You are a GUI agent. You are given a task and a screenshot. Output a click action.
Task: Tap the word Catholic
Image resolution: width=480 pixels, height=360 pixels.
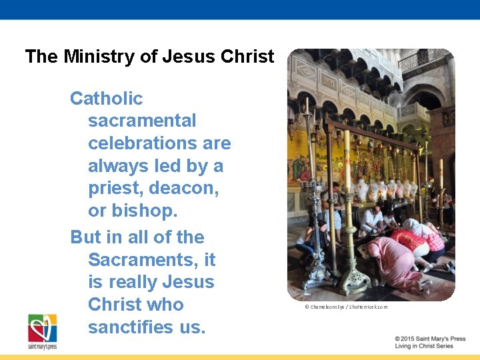tap(107, 99)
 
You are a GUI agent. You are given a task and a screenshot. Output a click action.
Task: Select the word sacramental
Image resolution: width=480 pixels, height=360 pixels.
tap(142, 121)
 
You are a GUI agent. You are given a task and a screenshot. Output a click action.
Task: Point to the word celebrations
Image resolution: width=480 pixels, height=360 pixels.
tap(159, 143)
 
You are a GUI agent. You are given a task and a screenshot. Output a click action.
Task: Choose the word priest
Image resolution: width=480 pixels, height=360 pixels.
tap(115, 189)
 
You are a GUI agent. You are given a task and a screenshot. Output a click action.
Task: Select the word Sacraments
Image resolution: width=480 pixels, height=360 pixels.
tap(142, 259)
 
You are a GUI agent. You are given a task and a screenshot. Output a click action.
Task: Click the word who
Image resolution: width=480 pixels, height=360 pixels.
tap(166, 305)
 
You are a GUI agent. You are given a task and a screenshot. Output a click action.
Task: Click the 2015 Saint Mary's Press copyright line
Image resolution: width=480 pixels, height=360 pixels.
tap(430, 339)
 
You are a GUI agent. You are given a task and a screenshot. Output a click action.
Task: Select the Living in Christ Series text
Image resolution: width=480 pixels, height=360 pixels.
tap(424, 347)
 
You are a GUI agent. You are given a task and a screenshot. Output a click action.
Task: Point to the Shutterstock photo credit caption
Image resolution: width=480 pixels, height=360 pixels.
tap(345, 307)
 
